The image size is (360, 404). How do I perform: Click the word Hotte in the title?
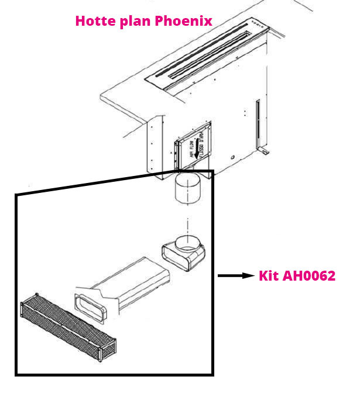pyautogui.click(x=94, y=21)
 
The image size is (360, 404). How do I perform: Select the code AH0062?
pyautogui.click(x=309, y=275)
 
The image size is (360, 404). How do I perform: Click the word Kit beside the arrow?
pyautogui.click(x=270, y=275)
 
